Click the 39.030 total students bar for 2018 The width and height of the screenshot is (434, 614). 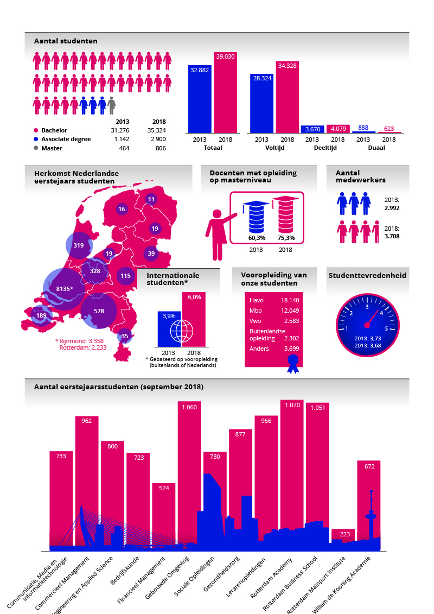[225, 95]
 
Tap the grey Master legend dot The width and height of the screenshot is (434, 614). [36, 148]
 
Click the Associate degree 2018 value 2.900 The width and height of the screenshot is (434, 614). [158, 140]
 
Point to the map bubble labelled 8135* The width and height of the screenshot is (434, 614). [64, 289]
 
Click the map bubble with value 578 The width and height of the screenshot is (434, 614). [99, 311]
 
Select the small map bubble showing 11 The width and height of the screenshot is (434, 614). [151, 199]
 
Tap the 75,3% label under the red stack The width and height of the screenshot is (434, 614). [286, 238]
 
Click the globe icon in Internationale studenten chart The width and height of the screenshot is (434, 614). [181, 331]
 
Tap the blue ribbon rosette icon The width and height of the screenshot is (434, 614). [293, 363]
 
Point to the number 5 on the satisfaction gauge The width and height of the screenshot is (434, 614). [386, 328]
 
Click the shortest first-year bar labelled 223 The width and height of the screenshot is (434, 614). [343, 536]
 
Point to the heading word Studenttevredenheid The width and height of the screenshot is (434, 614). [367, 276]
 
